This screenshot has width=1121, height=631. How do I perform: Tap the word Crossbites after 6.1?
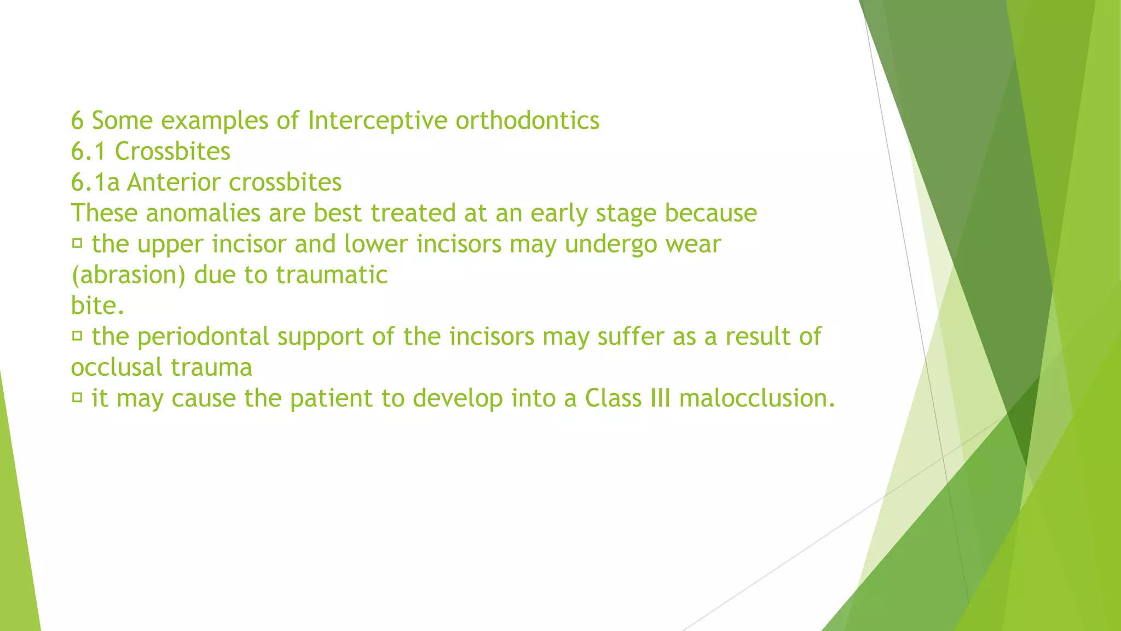[x=172, y=152]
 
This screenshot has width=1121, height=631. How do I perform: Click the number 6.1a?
[x=95, y=182]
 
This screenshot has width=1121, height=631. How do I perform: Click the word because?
[x=710, y=213]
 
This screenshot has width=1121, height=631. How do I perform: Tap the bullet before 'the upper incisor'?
[x=77, y=243]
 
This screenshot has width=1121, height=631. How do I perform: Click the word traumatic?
[x=332, y=275]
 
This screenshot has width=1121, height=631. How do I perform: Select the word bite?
[x=97, y=306]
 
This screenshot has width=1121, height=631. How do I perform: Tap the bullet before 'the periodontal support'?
[x=77, y=335]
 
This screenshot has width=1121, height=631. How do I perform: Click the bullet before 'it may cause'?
[x=77, y=397]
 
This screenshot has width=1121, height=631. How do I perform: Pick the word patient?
[x=331, y=398]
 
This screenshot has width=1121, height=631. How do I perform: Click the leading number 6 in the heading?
[x=77, y=121]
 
